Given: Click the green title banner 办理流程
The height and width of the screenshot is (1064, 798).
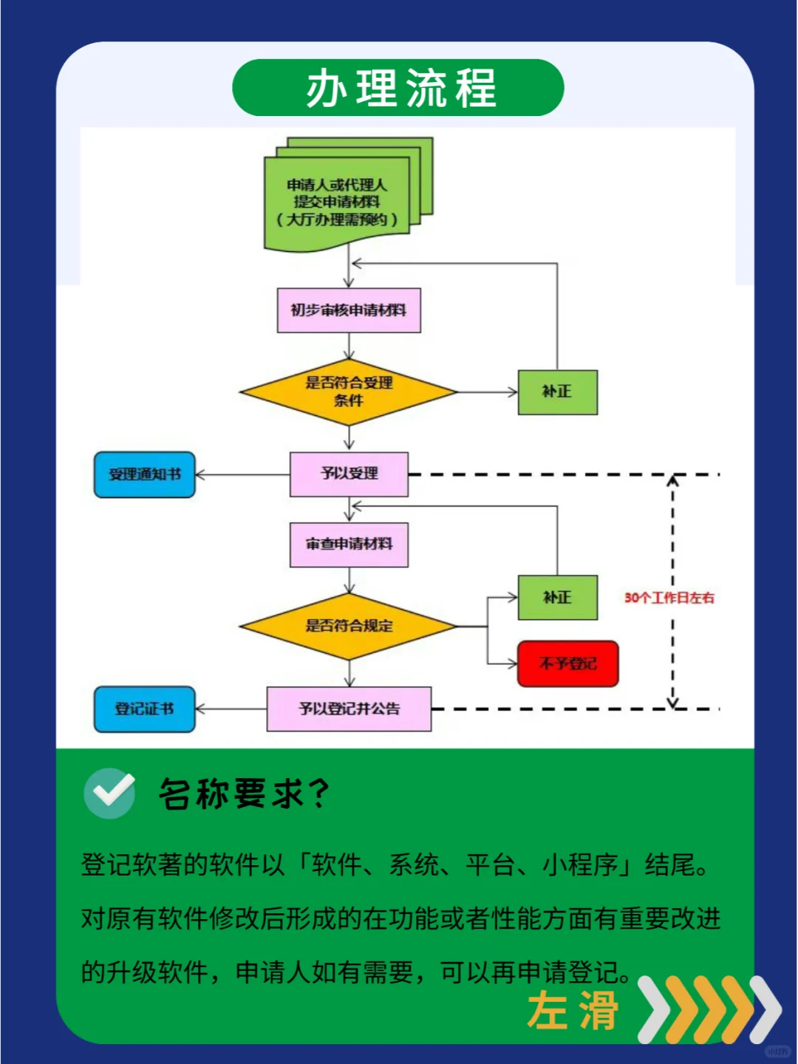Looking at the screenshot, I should click(x=398, y=88).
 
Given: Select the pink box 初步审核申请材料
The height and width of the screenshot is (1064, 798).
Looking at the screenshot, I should click(x=349, y=310).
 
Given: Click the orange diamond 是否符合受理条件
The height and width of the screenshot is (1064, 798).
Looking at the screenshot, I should click(x=349, y=392).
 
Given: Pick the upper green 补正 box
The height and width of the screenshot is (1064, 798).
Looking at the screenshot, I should click(x=557, y=392).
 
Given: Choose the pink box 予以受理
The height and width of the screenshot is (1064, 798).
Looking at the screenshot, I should click(x=349, y=474).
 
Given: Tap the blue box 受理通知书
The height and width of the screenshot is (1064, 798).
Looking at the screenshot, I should click(x=145, y=474).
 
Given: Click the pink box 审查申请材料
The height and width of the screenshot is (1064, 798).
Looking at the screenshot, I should click(x=349, y=545).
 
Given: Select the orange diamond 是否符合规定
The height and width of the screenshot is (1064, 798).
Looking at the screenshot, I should click(x=349, y=626).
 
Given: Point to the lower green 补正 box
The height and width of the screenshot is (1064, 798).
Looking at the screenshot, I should click(x=557, y=597).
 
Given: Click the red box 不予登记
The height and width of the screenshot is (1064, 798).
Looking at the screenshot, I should click(x=567, y=664).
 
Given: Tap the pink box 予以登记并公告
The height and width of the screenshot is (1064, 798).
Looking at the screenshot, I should click(x=349, y=709).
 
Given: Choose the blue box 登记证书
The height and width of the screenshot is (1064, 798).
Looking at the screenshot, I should click(x=145, y=709).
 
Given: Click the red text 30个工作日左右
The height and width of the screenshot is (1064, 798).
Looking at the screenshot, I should click(x=669, y=598).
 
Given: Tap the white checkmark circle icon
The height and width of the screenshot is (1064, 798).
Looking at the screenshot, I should click(x=109, y=794).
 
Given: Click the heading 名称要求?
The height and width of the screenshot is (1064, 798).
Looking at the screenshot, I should click(x=244, y=794).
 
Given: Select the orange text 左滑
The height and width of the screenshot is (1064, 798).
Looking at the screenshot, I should click(x=573, y=1011).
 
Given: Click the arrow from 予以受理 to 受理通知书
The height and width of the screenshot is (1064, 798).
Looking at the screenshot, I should click(x=242, y=474).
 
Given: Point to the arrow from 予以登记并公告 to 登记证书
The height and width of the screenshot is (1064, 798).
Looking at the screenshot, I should click(x=231, y=709).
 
